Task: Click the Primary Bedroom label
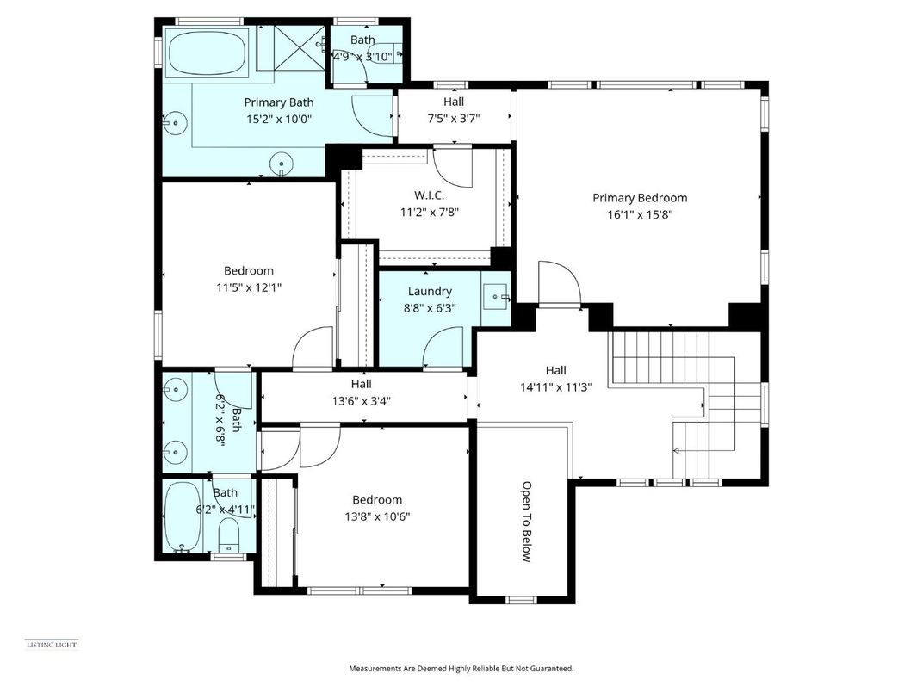pos(639,198)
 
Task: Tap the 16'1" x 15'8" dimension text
pos(639,215)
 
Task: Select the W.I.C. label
pos(429,195)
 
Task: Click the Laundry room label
pos(430,292)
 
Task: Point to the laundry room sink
pos(497,298)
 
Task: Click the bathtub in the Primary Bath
pos(208,53)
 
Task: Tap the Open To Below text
pos(525,521)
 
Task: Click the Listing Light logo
pos(52,645)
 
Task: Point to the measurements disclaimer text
pos(461,668)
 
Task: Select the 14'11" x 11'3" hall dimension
pos(568,387)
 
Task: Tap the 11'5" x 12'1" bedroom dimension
pos(249,287)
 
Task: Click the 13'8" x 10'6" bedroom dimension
pos(376,516)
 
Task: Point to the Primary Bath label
pos(278,102)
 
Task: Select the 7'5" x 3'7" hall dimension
pos(454,119)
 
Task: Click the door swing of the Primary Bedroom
pos(558,284)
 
